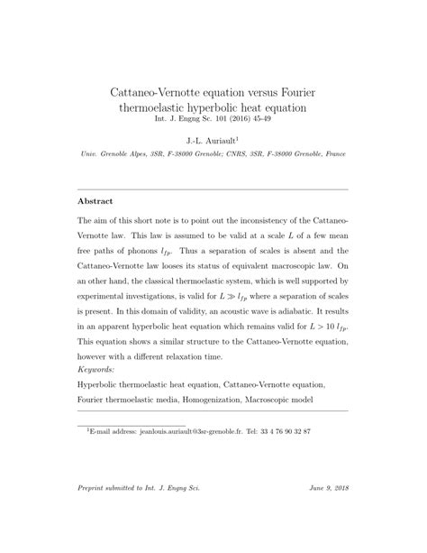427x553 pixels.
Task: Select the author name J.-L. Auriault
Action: pyautogui.click(x=212, y=142)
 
